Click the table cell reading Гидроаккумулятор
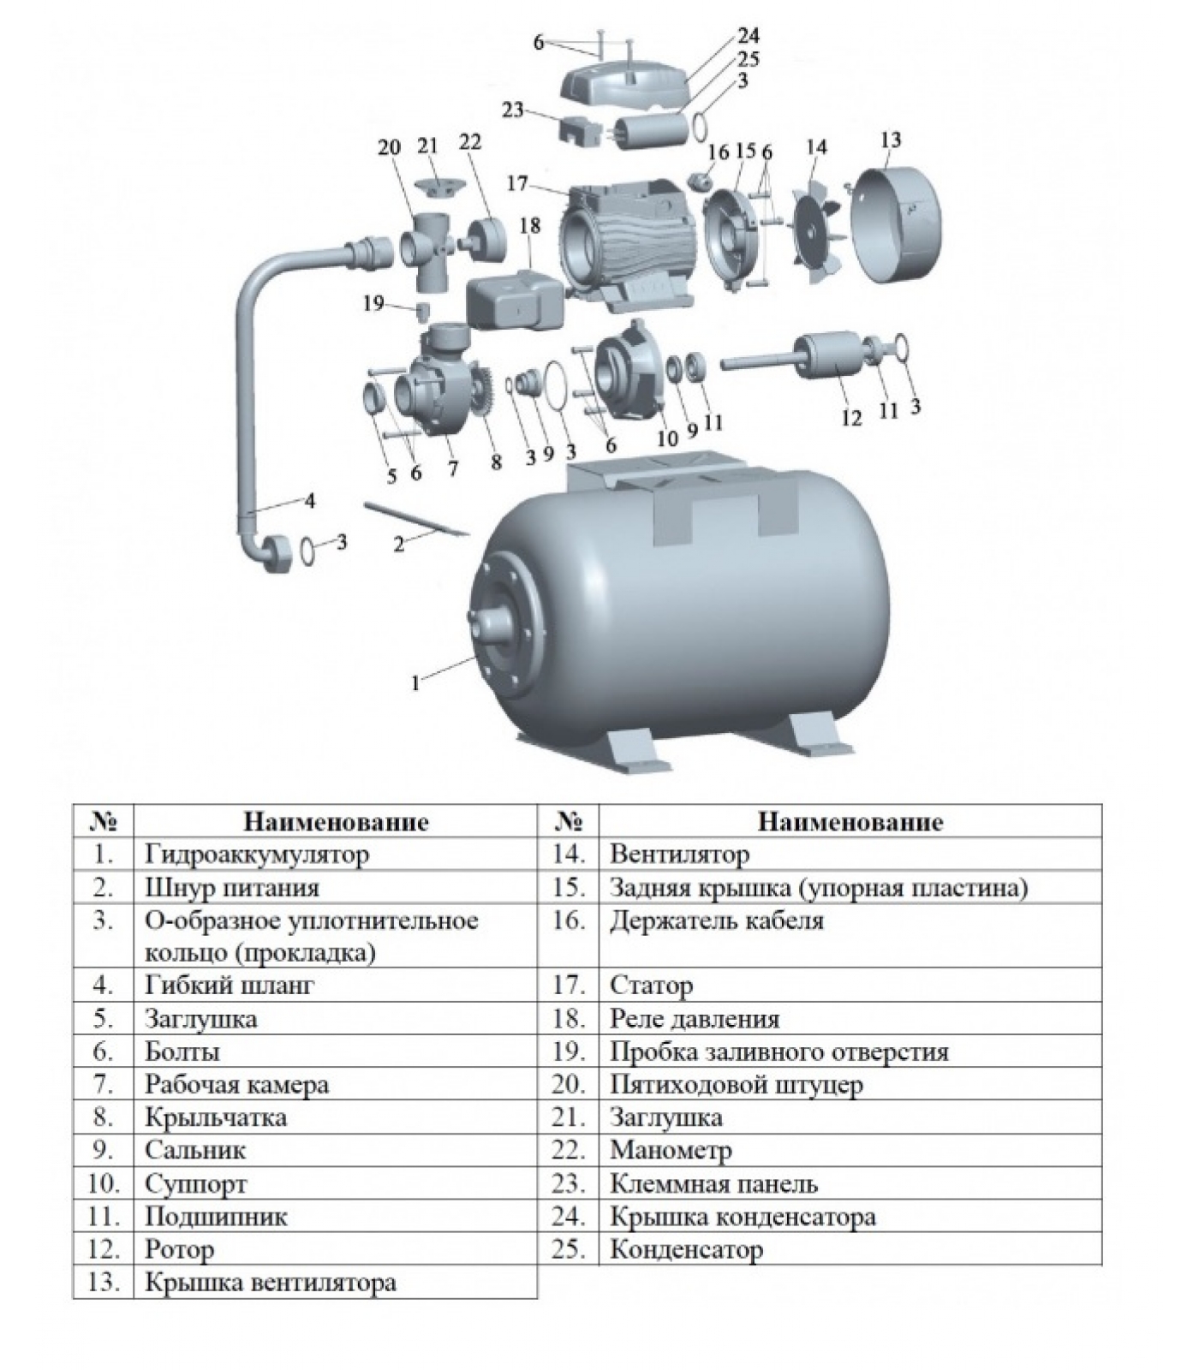257,854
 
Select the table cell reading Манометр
671,1150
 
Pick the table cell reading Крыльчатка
216,1117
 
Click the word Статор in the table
651,986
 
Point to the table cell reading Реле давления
695,1019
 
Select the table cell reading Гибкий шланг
230,986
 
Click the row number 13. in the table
103,1283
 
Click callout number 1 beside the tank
416,682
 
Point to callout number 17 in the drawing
517,184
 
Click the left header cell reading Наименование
336,822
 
